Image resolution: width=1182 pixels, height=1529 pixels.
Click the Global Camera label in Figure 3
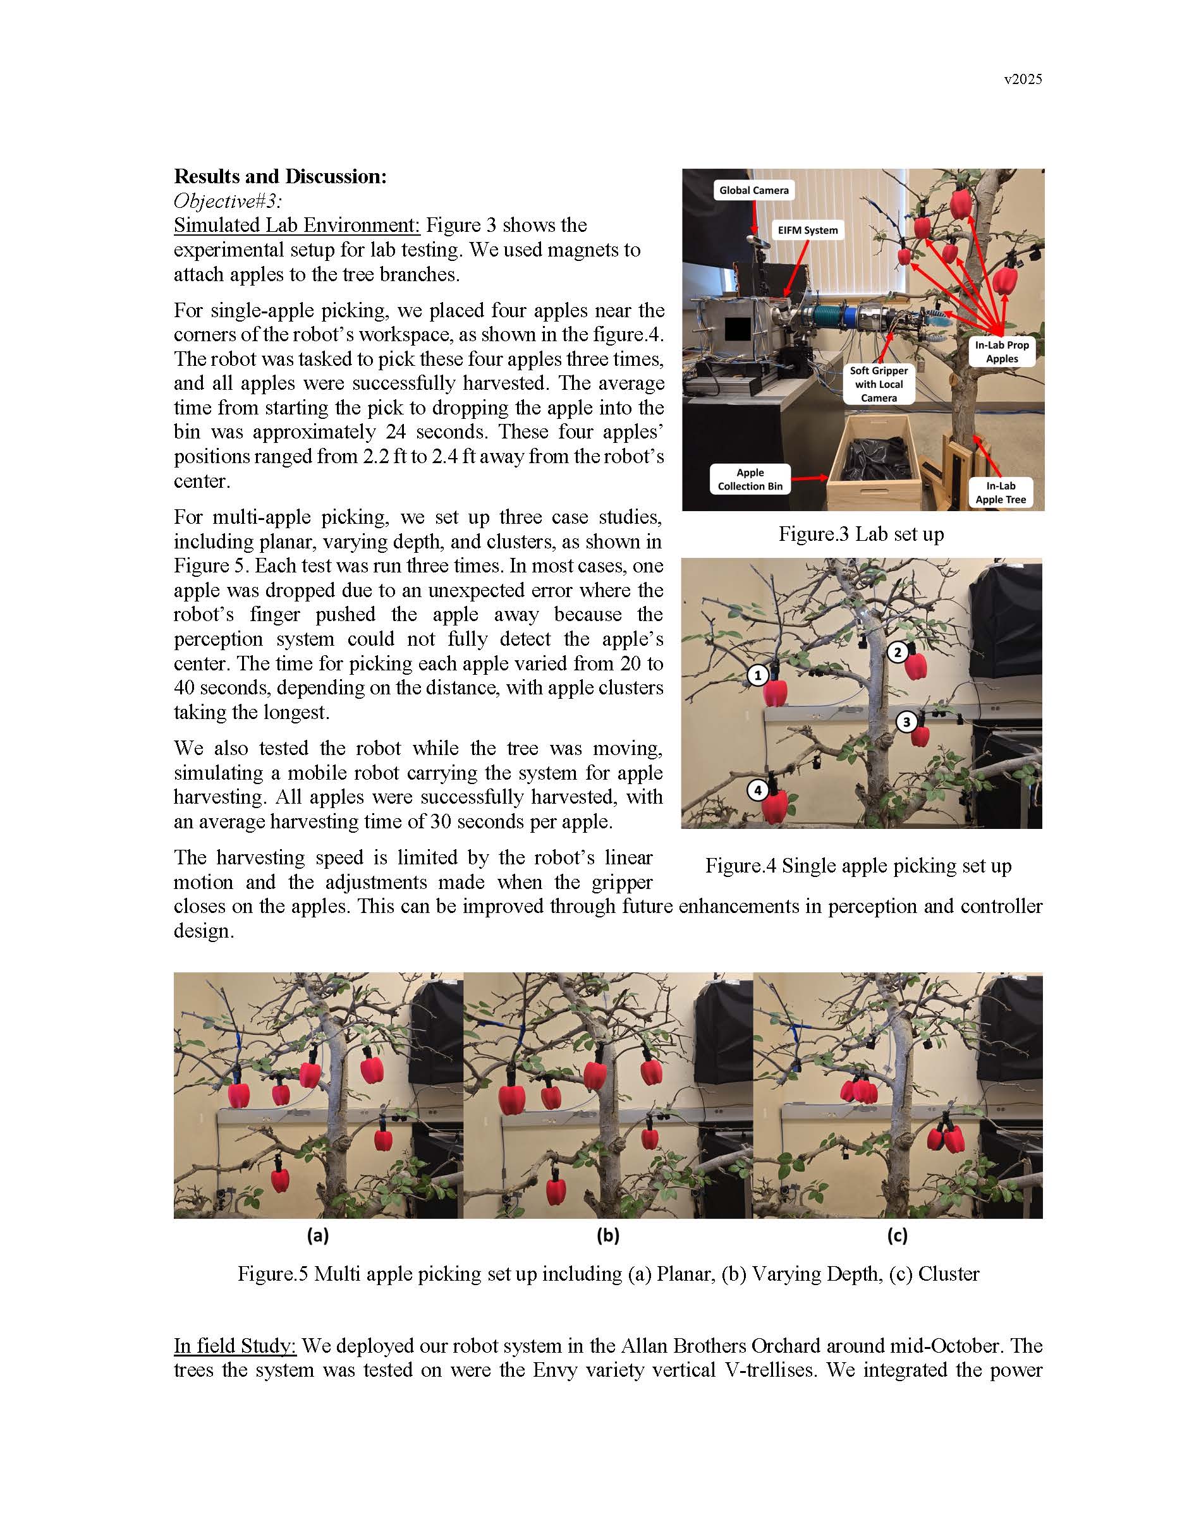coord(753,190)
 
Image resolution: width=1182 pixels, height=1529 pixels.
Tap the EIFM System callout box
coord(807,231)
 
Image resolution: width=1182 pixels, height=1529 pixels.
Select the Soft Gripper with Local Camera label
coord(879,384)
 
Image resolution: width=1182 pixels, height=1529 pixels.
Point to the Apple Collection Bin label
coord(750,480)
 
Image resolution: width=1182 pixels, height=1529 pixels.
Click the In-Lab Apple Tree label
coord(1001,492)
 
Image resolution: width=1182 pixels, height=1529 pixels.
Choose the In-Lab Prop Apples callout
coord(1001,351)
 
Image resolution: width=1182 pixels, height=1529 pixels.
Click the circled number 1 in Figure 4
coord(758,675)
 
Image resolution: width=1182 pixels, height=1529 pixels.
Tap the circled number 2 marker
coord(898,653)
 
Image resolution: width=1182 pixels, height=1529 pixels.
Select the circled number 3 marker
coord(907,722)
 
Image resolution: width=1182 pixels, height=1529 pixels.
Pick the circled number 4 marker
coord(758,790)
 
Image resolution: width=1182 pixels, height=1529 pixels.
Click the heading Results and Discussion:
coord(280,176)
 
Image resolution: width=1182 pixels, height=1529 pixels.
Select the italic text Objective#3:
coord(228,201)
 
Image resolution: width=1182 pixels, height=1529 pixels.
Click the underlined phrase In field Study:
coord(235,1346)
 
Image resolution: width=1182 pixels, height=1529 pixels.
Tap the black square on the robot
coord(738,329)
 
